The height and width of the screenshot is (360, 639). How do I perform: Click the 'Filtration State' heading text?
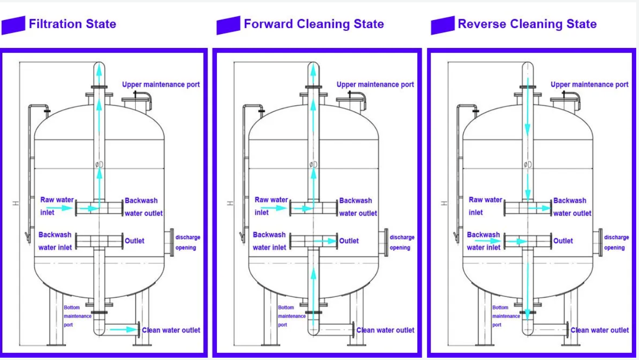[72, 24]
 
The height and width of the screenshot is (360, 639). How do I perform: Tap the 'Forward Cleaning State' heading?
[313, 24]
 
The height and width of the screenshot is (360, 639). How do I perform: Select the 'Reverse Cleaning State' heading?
[527, 24]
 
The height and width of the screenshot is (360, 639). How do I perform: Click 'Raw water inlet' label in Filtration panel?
[56, 206]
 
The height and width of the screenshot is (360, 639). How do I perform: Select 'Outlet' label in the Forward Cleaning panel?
[349, 241]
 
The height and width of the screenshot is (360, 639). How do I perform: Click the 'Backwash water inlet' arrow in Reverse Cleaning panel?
[487, 241]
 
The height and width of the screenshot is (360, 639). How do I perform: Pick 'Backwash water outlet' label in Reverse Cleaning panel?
[572, 207]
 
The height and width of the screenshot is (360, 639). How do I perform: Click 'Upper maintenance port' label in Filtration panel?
[161, 84]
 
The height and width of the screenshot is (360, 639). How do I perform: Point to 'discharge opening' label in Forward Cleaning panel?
[402, 242]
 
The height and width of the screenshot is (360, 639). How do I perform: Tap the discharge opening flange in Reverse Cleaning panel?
[601, 242]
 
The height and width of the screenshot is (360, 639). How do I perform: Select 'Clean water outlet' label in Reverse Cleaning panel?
[600, 330]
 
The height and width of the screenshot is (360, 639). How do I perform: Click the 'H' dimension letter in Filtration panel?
[15, 203]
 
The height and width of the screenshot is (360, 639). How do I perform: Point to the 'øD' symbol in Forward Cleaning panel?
[313, 164]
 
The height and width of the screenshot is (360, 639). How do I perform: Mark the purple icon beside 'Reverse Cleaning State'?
[442, 25]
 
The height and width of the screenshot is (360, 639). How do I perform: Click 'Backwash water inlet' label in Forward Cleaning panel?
[269, 241]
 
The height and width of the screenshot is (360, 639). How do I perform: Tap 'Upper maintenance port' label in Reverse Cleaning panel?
[590, 84]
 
